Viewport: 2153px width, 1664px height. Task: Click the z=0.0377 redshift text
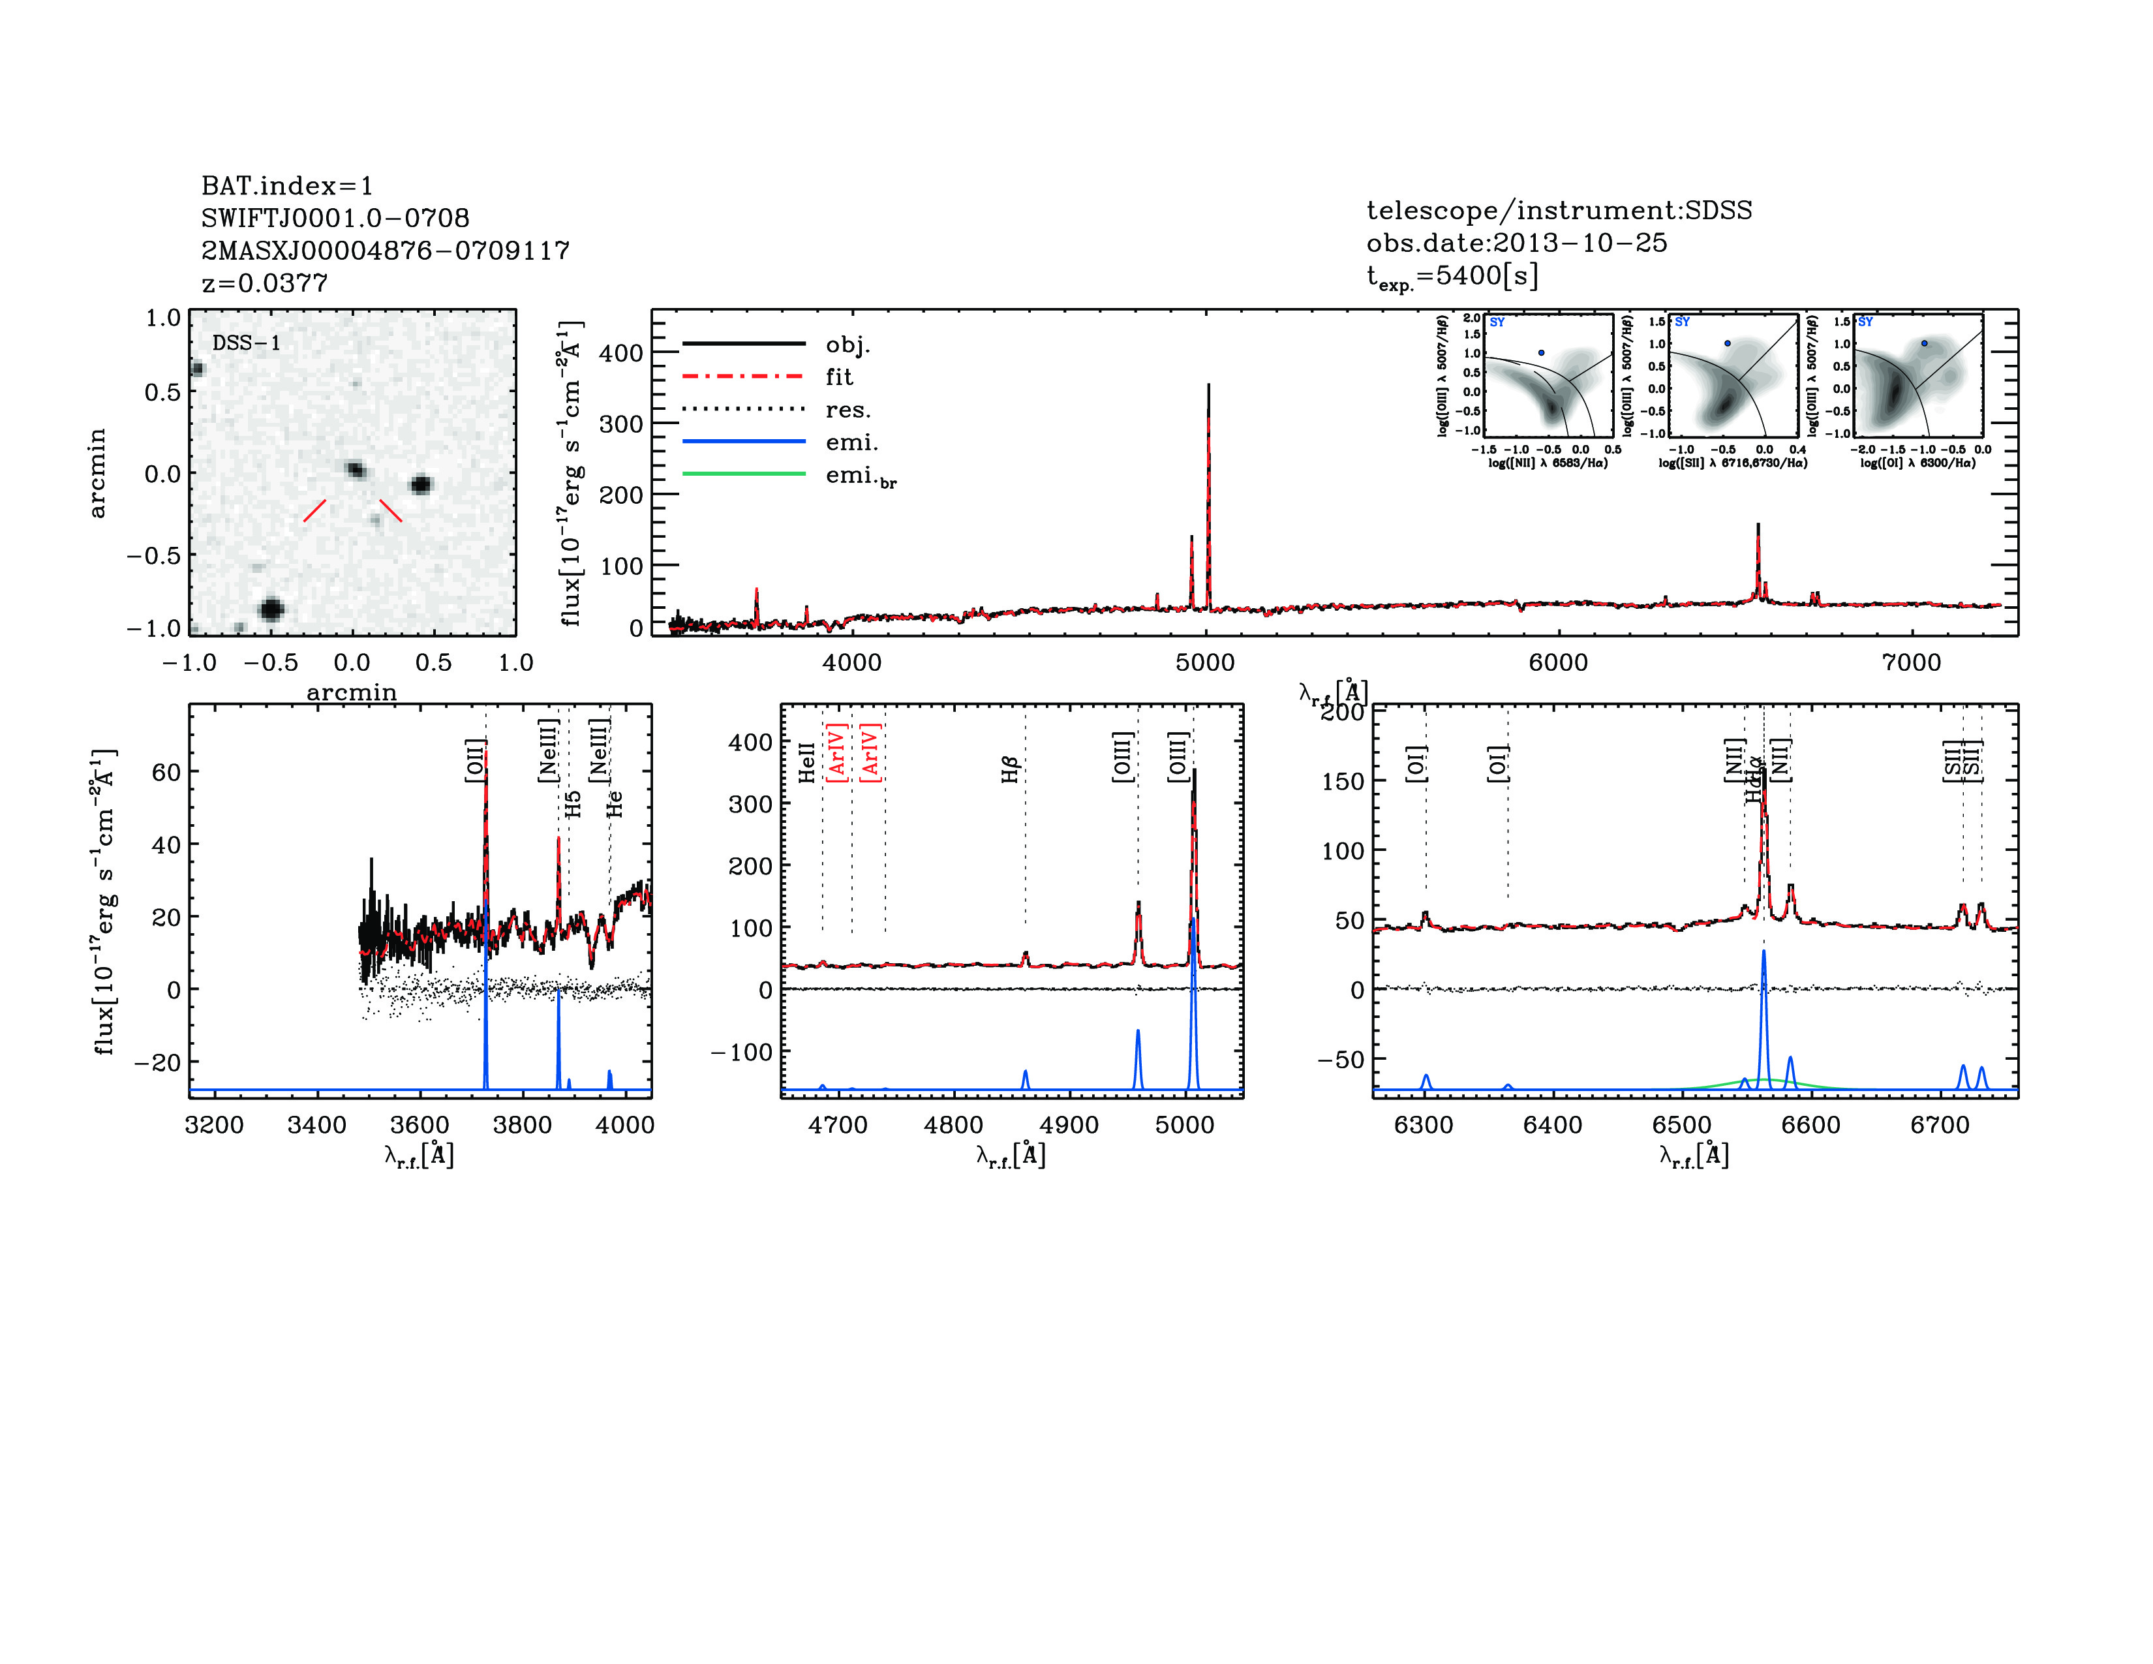(x=264, y=283)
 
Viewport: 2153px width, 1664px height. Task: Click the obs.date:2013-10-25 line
(x=1516, y=243)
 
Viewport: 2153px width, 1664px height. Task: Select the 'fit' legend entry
(x=838, y=377)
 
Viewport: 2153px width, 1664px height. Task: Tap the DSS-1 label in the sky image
(x=247, y=343)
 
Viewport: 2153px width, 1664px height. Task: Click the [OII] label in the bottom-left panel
(x=475, y=760)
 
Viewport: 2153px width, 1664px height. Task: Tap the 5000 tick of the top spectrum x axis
(x=1204, y=662)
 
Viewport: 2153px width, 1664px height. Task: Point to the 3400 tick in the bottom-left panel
(x=316, y=1125)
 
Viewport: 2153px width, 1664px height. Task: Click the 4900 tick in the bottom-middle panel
(x=1069, y=1125)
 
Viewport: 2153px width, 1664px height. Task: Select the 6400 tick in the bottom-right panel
(x=1553, y=1125)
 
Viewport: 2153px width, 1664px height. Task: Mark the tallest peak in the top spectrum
(x=1208, y=386)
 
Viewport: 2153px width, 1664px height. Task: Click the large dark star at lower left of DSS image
(x=271, y=608)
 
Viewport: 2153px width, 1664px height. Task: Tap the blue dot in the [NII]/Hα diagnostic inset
(x=1542, y=352)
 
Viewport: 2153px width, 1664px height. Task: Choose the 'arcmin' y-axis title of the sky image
(x=97, y=473)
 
